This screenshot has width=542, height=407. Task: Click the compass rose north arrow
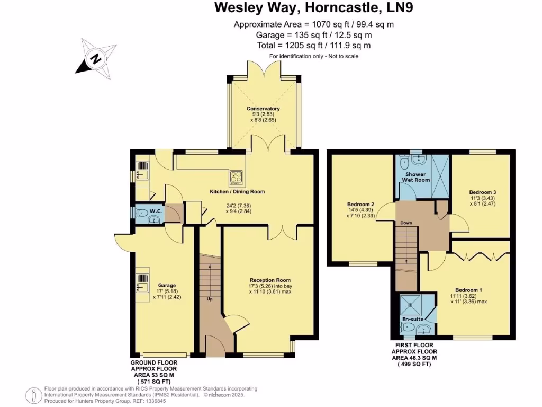pyautogui.click(x=96, y=58)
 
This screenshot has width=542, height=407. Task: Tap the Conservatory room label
pyautogui.click(x=263, y=109)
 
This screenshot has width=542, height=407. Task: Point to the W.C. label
pyautogui.click(x=156, y=211)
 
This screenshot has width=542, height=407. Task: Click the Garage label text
pyautogui.click(x=166, y=285)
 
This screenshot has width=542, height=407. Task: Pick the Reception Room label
pyautogui.click(x=270, y=280)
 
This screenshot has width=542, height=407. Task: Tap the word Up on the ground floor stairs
pyautogui.click(x=210, y=300)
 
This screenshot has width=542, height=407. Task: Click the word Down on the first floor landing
pyautogui.click(x=406, y=223)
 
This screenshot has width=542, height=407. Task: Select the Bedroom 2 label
pyautogui.click(x=361, y=204)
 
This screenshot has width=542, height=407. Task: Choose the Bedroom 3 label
pyautogui.click(x=482, y=192)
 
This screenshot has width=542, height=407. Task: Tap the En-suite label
pyautogui.click(x=413, y=320)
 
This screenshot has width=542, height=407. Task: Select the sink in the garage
pyautogui.click(x=142, y=282)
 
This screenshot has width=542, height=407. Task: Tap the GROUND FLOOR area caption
pyautogui.click(x=154, y=369)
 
